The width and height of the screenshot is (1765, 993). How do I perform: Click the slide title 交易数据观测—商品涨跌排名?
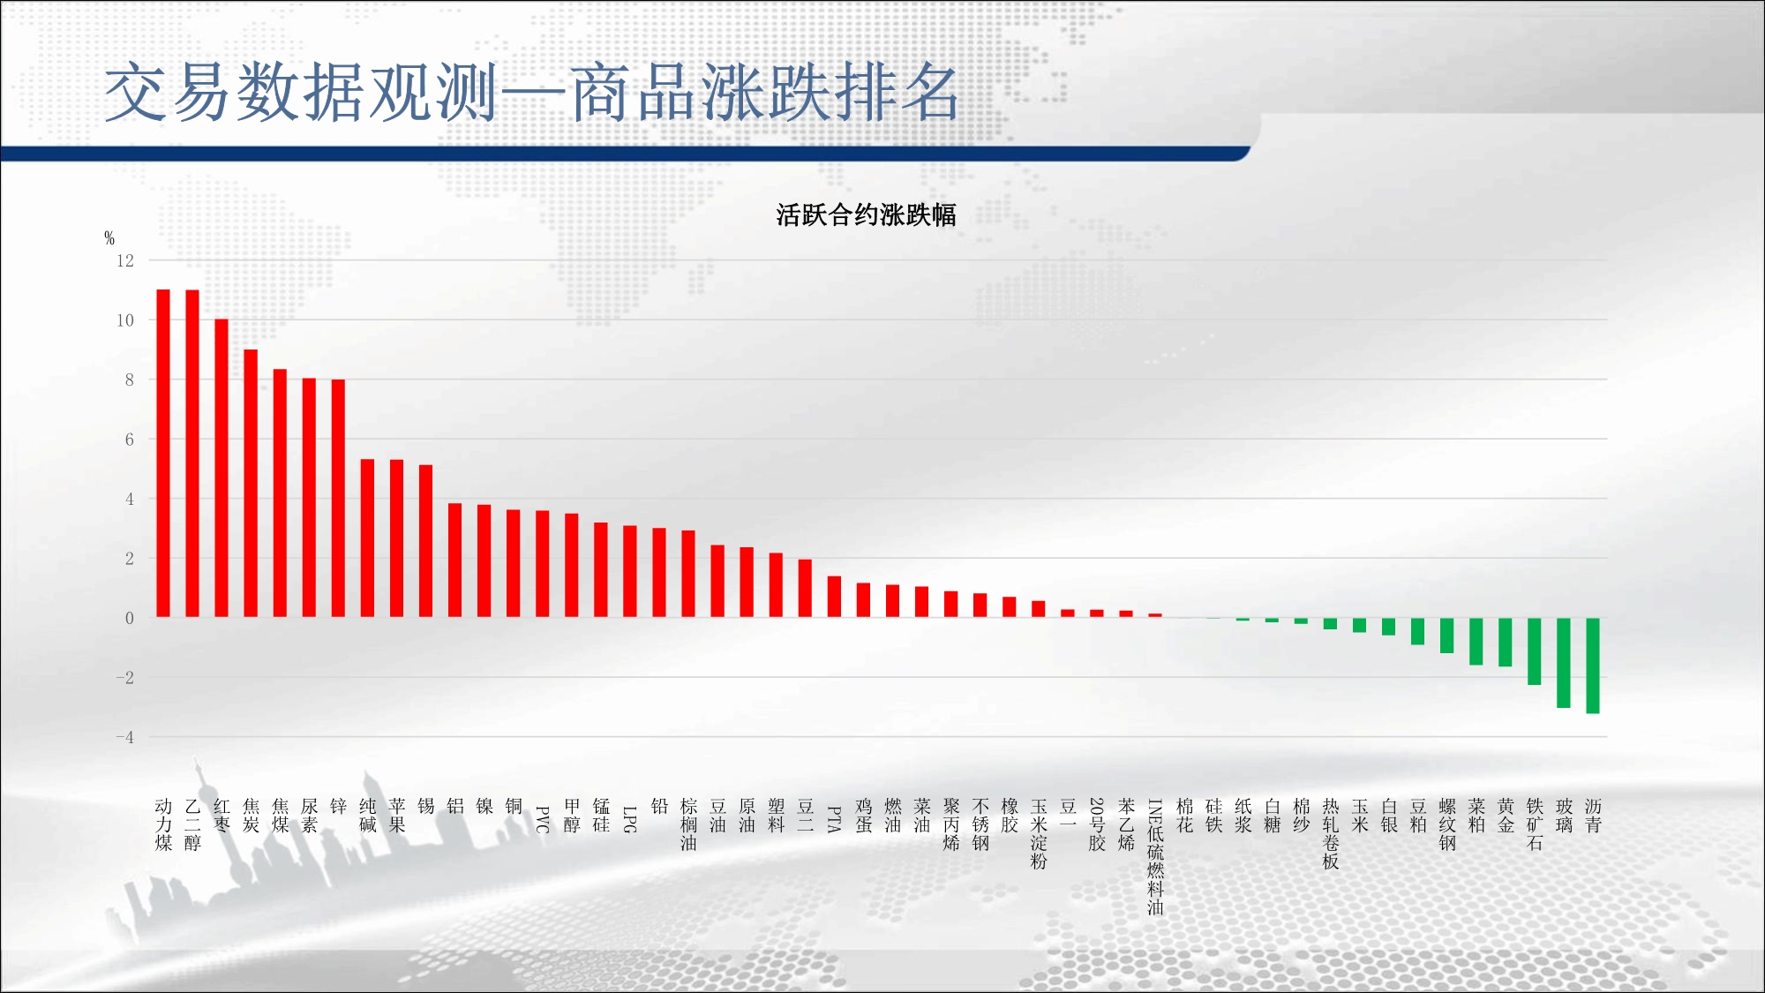tap(532, 92)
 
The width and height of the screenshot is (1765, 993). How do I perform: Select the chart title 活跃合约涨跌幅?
tap(866, 214)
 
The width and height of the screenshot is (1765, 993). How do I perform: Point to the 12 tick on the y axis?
tap(125, 260)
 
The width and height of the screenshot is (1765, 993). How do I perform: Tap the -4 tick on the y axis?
tap(125, 737)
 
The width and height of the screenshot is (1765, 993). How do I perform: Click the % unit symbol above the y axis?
tap(109, 237)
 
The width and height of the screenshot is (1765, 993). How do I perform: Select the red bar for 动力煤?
tap(163, 453)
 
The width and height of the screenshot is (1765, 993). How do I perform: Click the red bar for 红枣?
tap(222, 468)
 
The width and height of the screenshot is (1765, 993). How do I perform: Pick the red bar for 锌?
tap(338, 498)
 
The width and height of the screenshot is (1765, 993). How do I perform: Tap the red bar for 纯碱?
tap(367, 538)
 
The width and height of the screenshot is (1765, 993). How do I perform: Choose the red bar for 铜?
tap(513, 563)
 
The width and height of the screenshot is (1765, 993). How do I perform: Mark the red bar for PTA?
tap(834, 597)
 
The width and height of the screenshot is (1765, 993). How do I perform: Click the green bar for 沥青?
tap(1593, 666)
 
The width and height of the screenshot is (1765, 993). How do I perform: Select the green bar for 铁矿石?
tap(1535, 651)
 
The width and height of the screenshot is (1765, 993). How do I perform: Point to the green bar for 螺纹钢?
tap(1447, 636)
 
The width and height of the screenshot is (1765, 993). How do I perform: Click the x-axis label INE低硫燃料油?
tap(1155, 857)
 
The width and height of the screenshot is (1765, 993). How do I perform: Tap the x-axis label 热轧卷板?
tap(1331, 834)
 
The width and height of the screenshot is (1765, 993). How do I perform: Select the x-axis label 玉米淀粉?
tap(1039, 834)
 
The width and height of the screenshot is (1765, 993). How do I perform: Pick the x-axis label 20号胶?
tap(1097, 824)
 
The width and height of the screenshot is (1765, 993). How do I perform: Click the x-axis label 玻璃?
tap(1564, 816)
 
